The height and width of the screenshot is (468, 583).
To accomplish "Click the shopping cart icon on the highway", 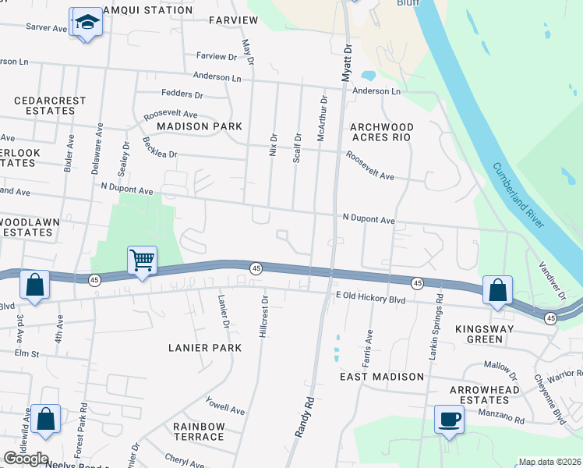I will pos(143,260).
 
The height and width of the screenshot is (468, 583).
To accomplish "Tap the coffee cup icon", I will pos(448,419).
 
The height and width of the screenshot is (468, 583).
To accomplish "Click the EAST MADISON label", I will pos(382,377).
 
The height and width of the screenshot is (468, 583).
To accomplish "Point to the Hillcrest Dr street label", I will pos(263,316).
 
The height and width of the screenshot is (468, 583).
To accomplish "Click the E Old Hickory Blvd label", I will pos(371,299).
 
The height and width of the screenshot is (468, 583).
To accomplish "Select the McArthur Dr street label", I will pos(320,119).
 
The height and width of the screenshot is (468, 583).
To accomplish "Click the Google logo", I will pos(26,459).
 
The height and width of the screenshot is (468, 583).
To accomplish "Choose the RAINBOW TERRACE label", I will pos(199,431).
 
